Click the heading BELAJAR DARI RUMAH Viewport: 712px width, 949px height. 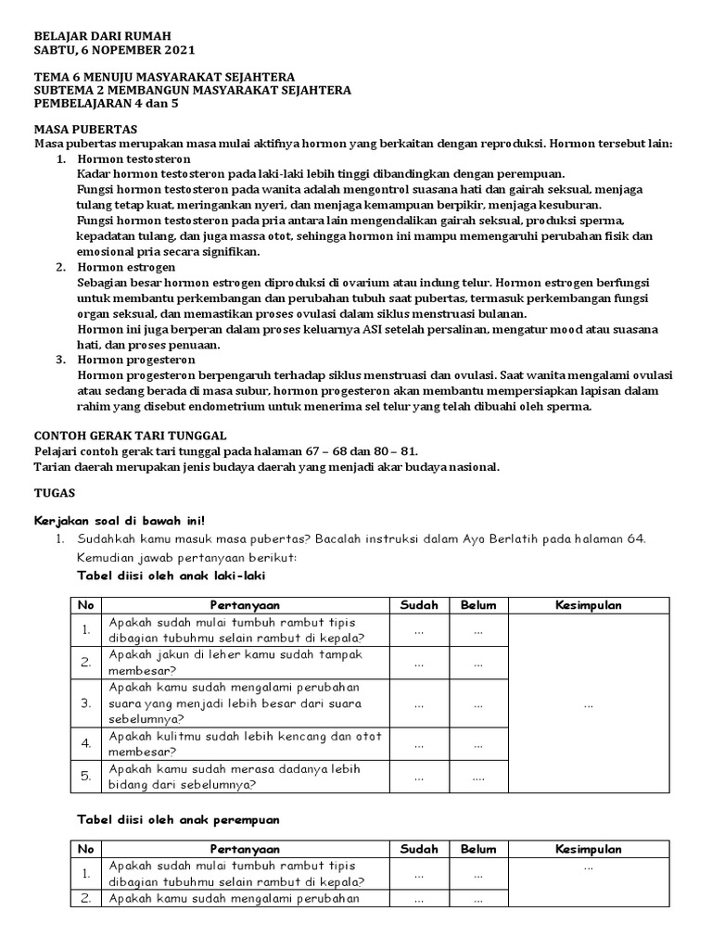tap(103, 35)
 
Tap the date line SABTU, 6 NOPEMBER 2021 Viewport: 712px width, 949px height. tap(114, 50)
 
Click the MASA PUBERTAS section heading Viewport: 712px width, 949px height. tap(85, 129)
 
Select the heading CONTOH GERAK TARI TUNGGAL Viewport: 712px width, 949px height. tap(130, 436)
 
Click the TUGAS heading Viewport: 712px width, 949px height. tap(55, 493)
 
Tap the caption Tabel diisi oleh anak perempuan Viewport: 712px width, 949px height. tap(177, 820)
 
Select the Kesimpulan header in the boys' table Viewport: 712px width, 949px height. tap(588, 605)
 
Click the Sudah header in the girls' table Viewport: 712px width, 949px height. tap(419, 849)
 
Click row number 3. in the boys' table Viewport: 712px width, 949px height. tap(85, 703)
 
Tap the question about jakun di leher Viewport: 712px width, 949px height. tap(235, 662)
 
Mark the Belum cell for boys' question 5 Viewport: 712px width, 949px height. tap(478, 777)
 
